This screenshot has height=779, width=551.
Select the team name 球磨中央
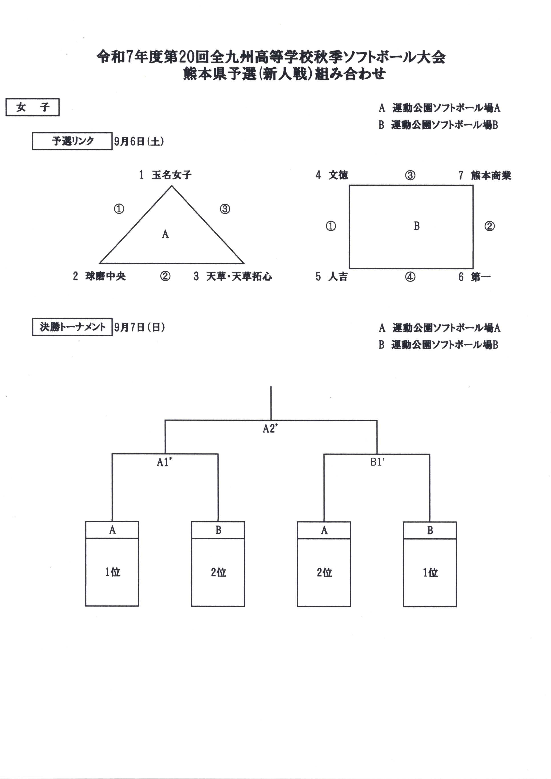(x=105, y=276)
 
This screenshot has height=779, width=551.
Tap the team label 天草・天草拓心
(x=239, y=276)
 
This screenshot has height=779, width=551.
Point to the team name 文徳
(x=338, y=175)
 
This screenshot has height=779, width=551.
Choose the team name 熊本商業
(x=491, y=175)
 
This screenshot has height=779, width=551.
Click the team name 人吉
(x=338, y=277)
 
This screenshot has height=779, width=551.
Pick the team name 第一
(x=480, y=277)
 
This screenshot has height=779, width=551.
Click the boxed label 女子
(x=32, y=107)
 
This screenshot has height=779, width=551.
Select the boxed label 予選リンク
(x=72, y=141)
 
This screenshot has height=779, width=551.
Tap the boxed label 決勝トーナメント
(x=72, y=327)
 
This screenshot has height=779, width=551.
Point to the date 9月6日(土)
(x=139, y=141)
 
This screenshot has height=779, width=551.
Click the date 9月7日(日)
(x=139, y=327)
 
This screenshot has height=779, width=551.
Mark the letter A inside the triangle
(x=165, y=234)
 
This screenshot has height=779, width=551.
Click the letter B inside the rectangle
(x=417, y=226)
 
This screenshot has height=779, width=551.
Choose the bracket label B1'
(x=377, y=462)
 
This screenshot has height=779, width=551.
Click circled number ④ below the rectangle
(x=410, y=277)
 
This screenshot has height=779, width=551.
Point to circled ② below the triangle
(x=165, y=276)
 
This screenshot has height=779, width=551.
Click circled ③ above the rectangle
(x=410, y=175)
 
